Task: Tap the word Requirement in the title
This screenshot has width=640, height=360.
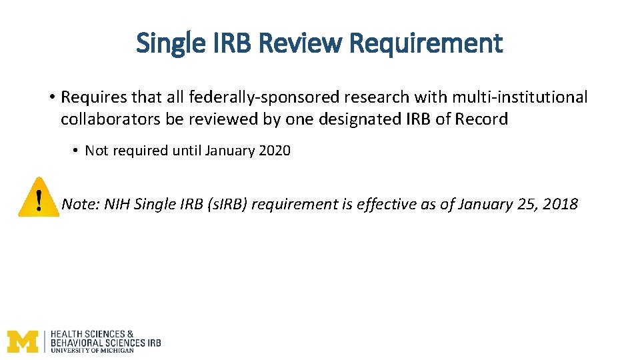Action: [x=426, y=44]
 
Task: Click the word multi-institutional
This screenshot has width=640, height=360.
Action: [x=520, y=97]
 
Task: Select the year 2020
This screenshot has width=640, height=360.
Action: [x=275, y=151]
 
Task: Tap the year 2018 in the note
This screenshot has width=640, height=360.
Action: [x=561, y=204]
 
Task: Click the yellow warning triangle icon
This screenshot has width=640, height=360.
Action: [x=39, y=197]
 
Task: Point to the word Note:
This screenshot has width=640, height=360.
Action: [x=80, y=204]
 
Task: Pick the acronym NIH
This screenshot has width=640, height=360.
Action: [x=117, y=204]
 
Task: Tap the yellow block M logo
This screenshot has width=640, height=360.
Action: [x=23, y=341]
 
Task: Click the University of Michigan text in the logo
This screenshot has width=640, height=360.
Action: [x=92, y=350]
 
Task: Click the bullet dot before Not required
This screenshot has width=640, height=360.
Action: [x=75, y=151]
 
